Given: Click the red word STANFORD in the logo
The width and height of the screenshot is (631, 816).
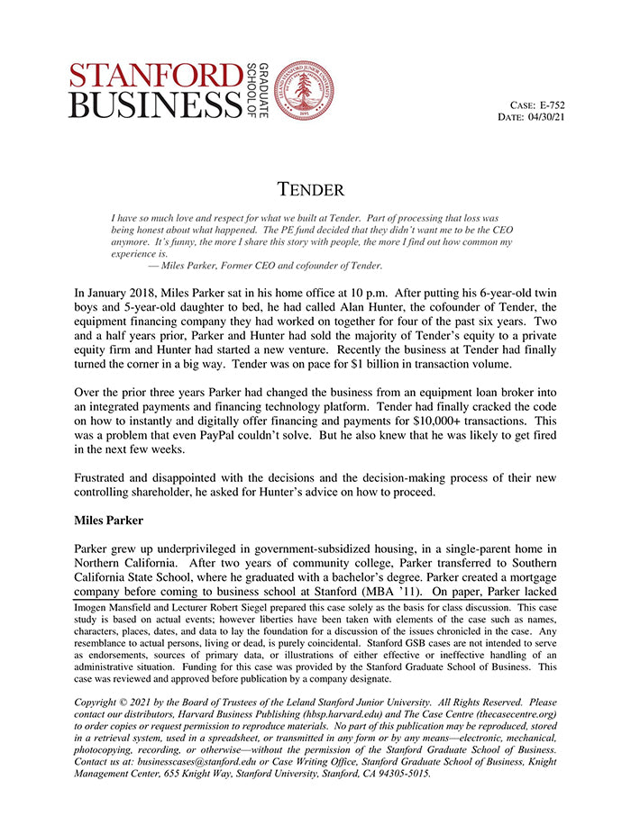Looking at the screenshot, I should click(155, 76).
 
